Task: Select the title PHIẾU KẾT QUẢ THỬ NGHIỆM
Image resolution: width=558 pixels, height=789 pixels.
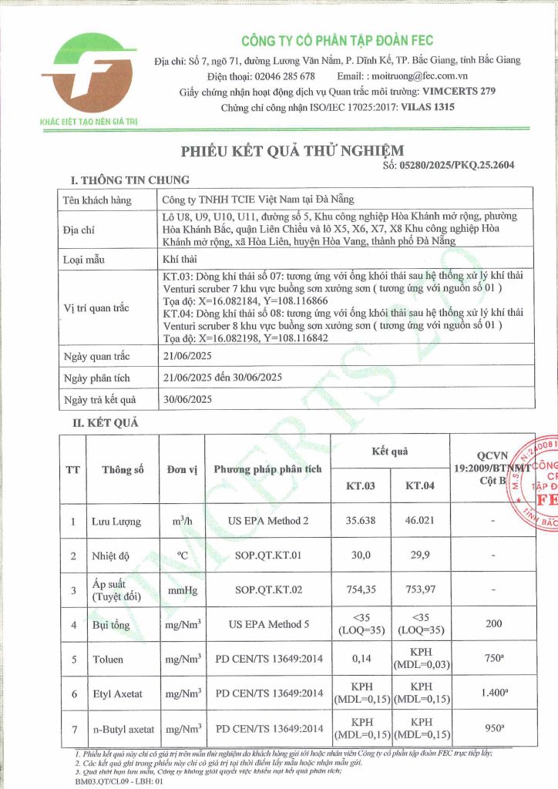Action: pyautogui.click(x=292, y=150)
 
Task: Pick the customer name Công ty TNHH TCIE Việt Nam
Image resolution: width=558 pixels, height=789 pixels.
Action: pyautogui.click(x=245, y=199)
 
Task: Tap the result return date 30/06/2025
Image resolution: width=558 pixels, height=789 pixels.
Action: pyautogui.click(x=187, y=398)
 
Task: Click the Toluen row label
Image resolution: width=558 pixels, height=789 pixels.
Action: pyautogui.click(x=108, y=660)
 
